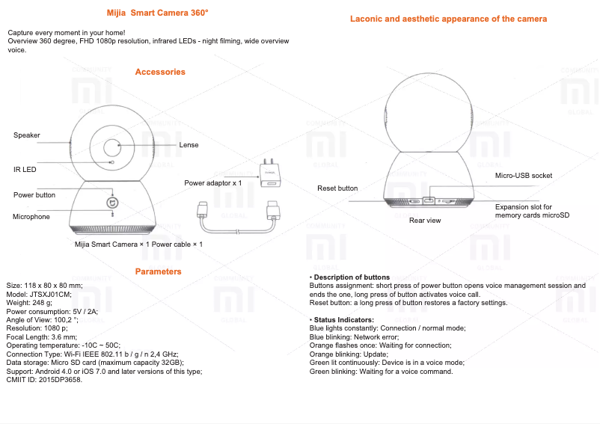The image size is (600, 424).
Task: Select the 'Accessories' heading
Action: point(160,73)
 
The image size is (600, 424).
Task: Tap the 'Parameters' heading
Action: point(158,271)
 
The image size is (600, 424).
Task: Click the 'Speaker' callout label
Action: point(27,135)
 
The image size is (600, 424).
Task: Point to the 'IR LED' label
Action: point(25,169)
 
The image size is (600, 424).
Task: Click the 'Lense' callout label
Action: point(189,145)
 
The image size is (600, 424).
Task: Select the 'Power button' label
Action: point(34,195)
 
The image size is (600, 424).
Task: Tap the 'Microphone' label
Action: point(31,217)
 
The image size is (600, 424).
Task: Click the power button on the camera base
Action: point(113,203)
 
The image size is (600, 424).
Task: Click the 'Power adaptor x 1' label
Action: point(213,183)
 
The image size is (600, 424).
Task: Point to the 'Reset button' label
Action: point(337,188)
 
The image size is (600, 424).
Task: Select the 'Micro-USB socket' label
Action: point(524,176)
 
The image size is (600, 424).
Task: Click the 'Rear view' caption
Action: point(425,221)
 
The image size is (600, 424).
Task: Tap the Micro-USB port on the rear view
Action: point(429,200)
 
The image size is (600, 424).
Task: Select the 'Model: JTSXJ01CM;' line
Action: point(39,295)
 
